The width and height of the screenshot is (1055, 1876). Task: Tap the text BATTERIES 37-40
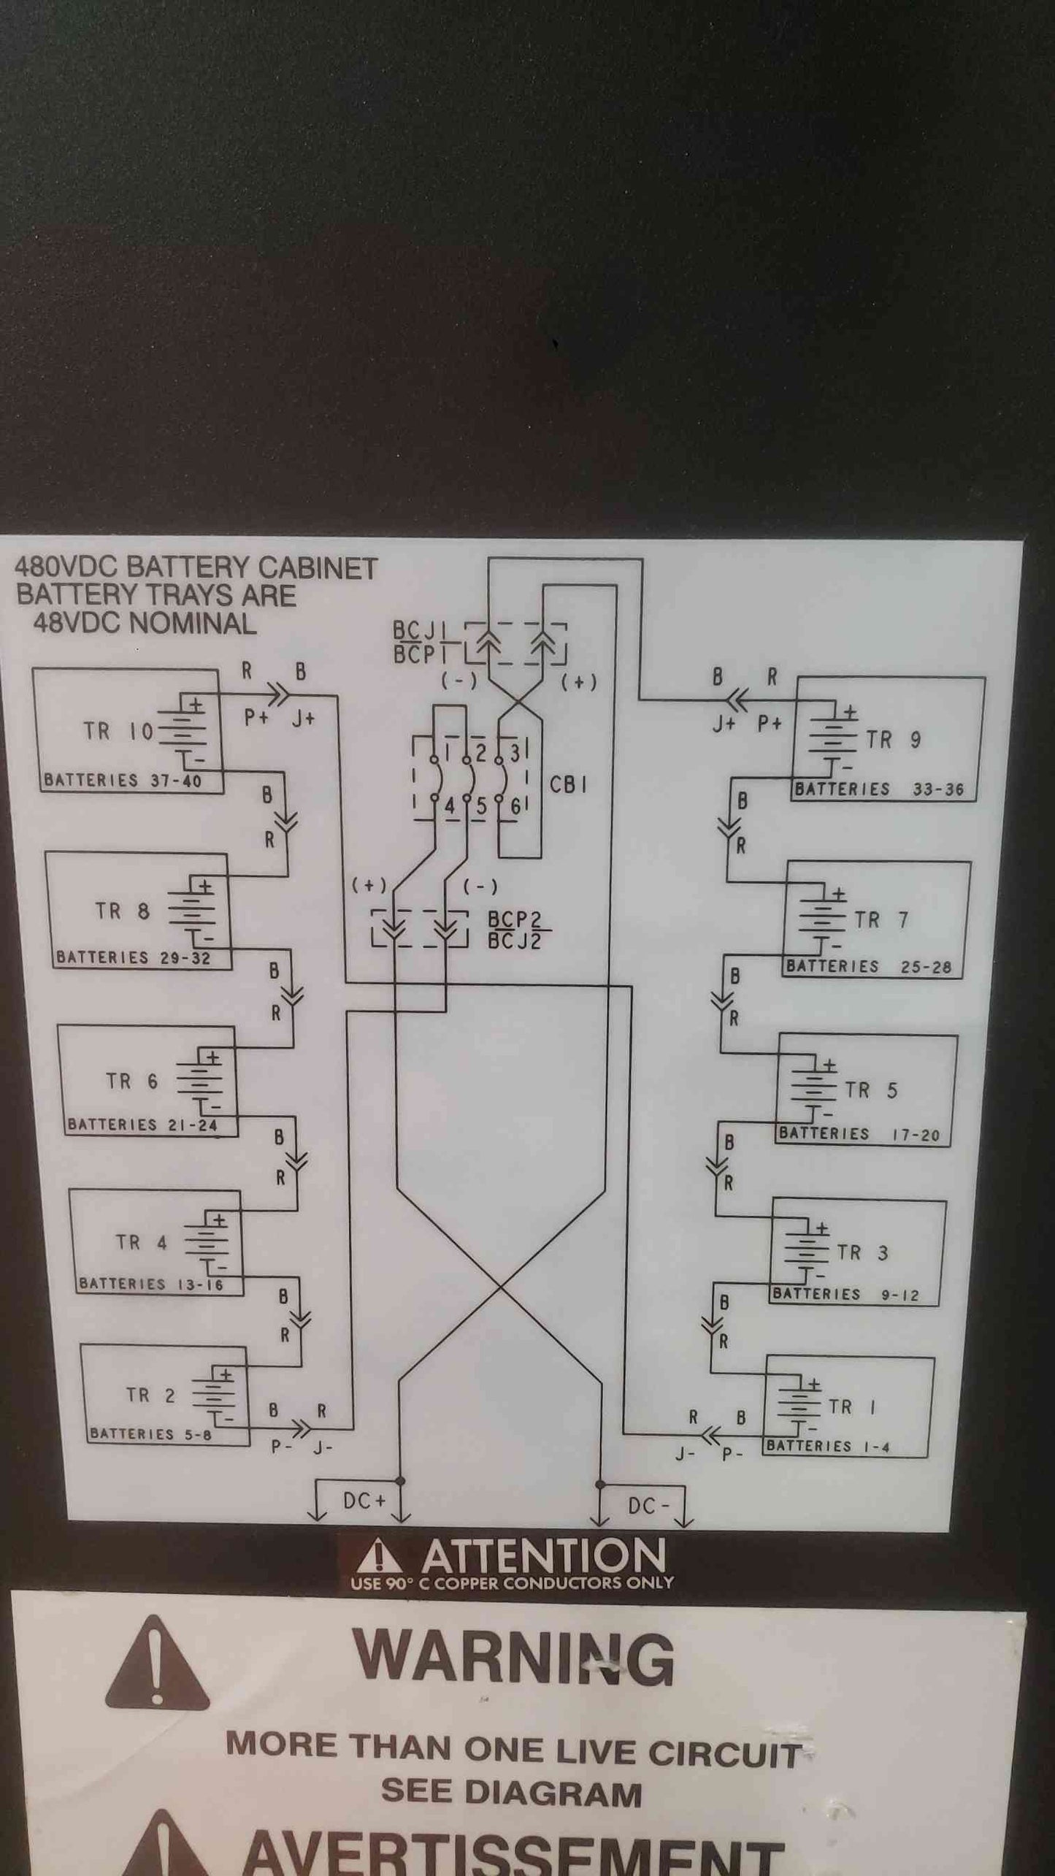tap(123, 780)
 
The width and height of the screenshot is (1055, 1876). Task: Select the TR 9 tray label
tap(894, 740)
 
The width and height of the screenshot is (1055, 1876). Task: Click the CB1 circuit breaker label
tap(568, 784)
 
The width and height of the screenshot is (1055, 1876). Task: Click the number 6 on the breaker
tap(515, 807)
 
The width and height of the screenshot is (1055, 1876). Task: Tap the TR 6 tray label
tap(131, 1081)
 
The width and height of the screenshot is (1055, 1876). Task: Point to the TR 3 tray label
tap(862, 1253)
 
